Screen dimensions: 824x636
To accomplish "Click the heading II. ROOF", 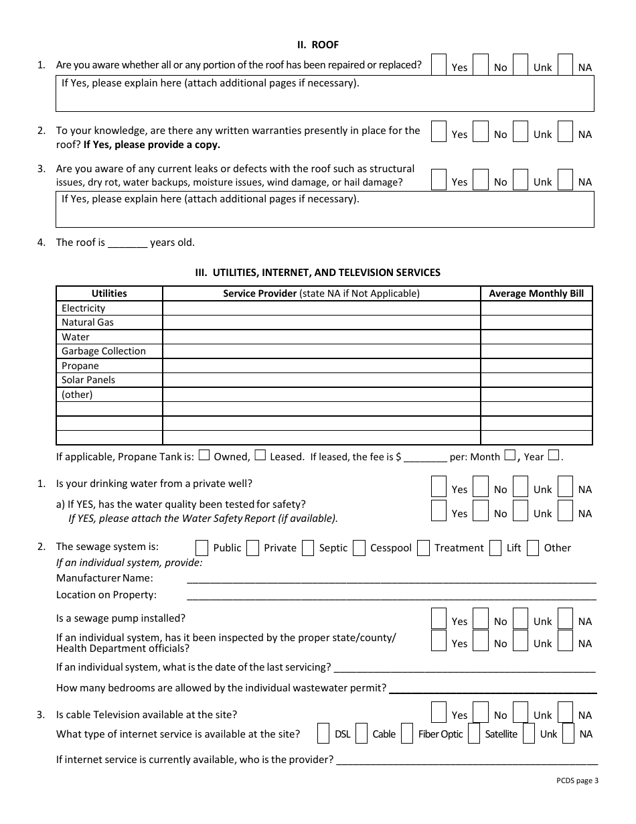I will tap(318, 45).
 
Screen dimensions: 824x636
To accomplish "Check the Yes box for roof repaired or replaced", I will tap(439, 64).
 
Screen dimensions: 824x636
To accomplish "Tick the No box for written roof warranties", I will tap(480, 131).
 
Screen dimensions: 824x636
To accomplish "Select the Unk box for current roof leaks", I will tap(520, 179).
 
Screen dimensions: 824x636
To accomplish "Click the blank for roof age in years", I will tap(127, 243).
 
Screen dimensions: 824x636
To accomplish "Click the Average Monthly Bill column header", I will tap(536, 293).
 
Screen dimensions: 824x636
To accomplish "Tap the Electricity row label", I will tap(84, 308).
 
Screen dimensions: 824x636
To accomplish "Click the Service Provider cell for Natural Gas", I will tap(321, 322).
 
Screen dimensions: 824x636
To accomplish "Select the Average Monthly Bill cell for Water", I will tap(536, 337).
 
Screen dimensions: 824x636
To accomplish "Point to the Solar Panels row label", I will tap(88, 380).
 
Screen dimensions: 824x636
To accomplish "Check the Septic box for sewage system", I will tap(308, 548).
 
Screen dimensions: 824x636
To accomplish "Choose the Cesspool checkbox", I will tap(360, 548).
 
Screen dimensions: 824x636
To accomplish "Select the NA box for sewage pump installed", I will tap(565, 618).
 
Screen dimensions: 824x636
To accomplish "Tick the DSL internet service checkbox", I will tap(323, 734).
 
